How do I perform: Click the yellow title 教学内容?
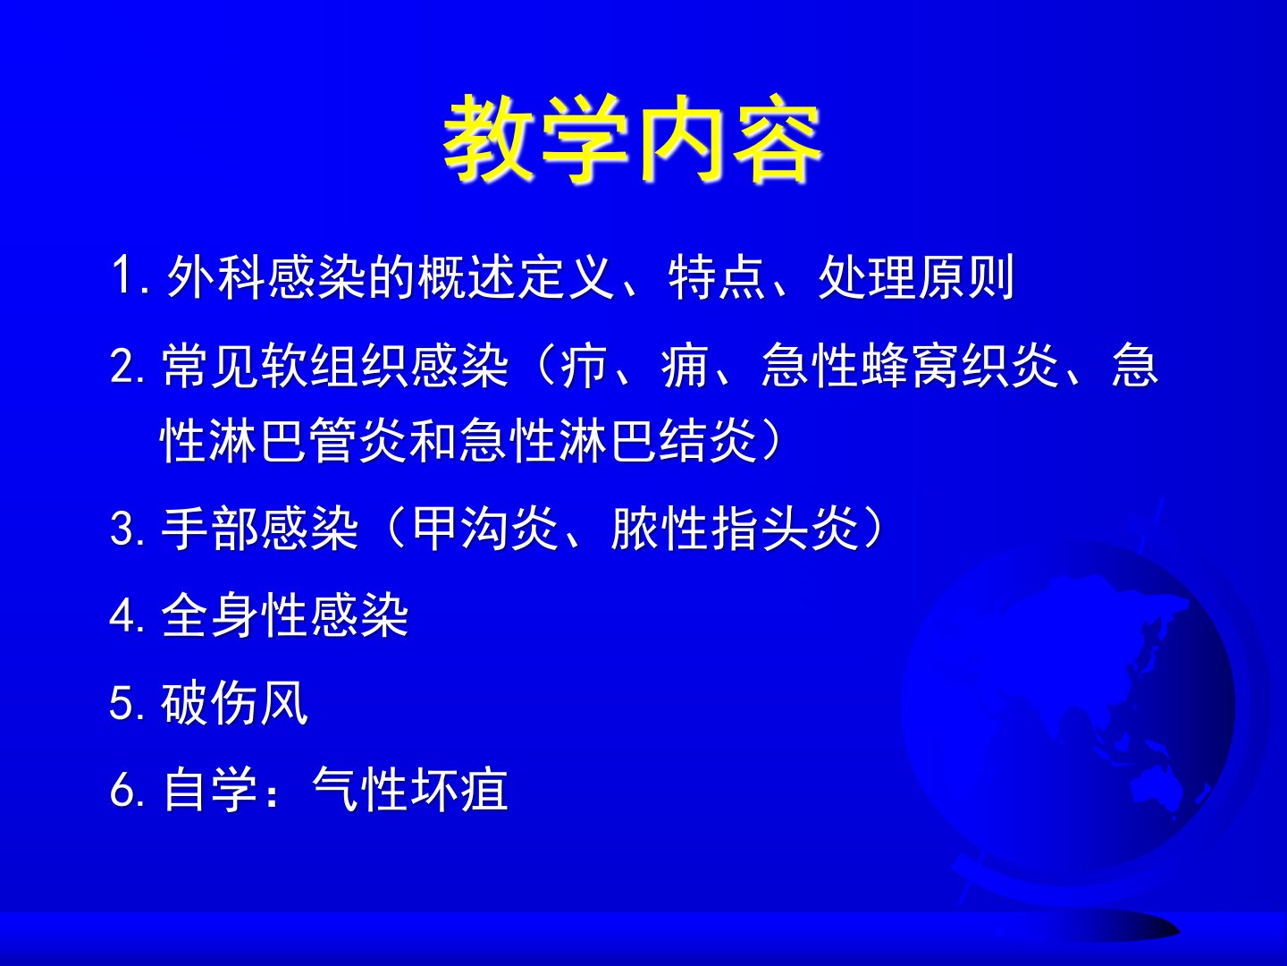pyautogui.click(x=632, y=138)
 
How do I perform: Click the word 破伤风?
pyautogui.click(x=234, y=703)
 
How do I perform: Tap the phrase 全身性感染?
pyautogui.click(x=284, y=616)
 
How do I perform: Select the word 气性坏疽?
pyautogui.click(x=409, y=790)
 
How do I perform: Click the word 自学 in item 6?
pyautogui.click(x=210, y=790)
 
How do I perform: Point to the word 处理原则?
pyautogui.click(x=916, y=276)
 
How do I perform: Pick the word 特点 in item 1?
pyautogui.click(x=717, y=276)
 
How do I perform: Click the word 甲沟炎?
pyautogui.click(x=485, y=529)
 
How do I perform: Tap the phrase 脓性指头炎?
pyautogui.click(x=734, y=529)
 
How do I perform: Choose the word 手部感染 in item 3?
pyautogui.click(x=259, y=529)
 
